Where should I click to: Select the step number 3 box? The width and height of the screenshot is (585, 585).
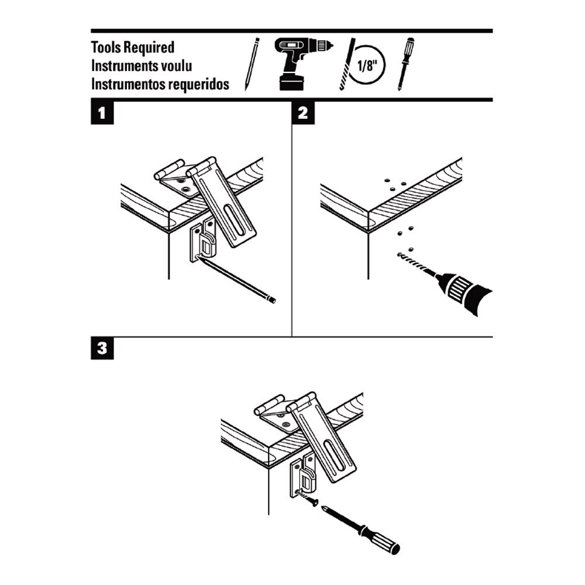102,349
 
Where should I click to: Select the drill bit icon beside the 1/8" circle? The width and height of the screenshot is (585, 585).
347,65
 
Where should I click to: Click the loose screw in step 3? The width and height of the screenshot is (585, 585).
308,498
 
